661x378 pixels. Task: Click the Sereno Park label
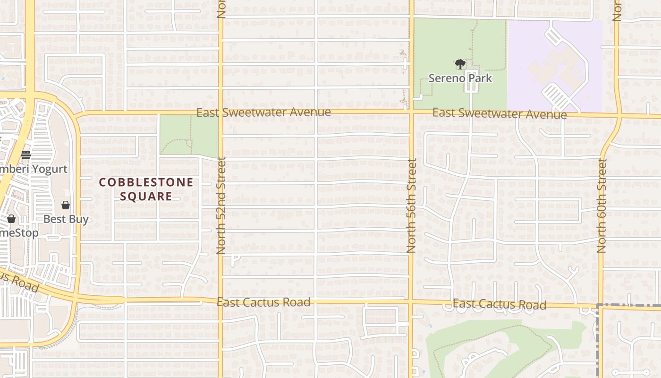click(460, 78)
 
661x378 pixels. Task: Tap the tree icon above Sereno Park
click(460, 64)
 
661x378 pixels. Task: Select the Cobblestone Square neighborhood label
click(146, 189)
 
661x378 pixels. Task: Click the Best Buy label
click(66, 219)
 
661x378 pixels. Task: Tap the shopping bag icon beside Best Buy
click(66, 205)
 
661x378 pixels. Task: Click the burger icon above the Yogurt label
click(26, 155)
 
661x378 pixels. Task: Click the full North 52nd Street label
click(221, 206)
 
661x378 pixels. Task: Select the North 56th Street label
click(411, 206)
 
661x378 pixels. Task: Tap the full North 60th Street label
click(602, 206)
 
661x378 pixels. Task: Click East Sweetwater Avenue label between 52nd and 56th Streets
click(263, 112)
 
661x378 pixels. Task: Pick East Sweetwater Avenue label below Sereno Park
click(500, 113)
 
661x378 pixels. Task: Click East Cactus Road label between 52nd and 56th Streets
click(263, 302)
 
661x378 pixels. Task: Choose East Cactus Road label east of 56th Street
click(500, 304)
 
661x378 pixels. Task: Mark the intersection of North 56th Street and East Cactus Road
click(411, 302)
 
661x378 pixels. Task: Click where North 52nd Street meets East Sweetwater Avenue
click(220, 112)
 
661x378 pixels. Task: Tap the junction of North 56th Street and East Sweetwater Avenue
click(411, 112)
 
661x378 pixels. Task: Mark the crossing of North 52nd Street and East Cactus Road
click(220, 301)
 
